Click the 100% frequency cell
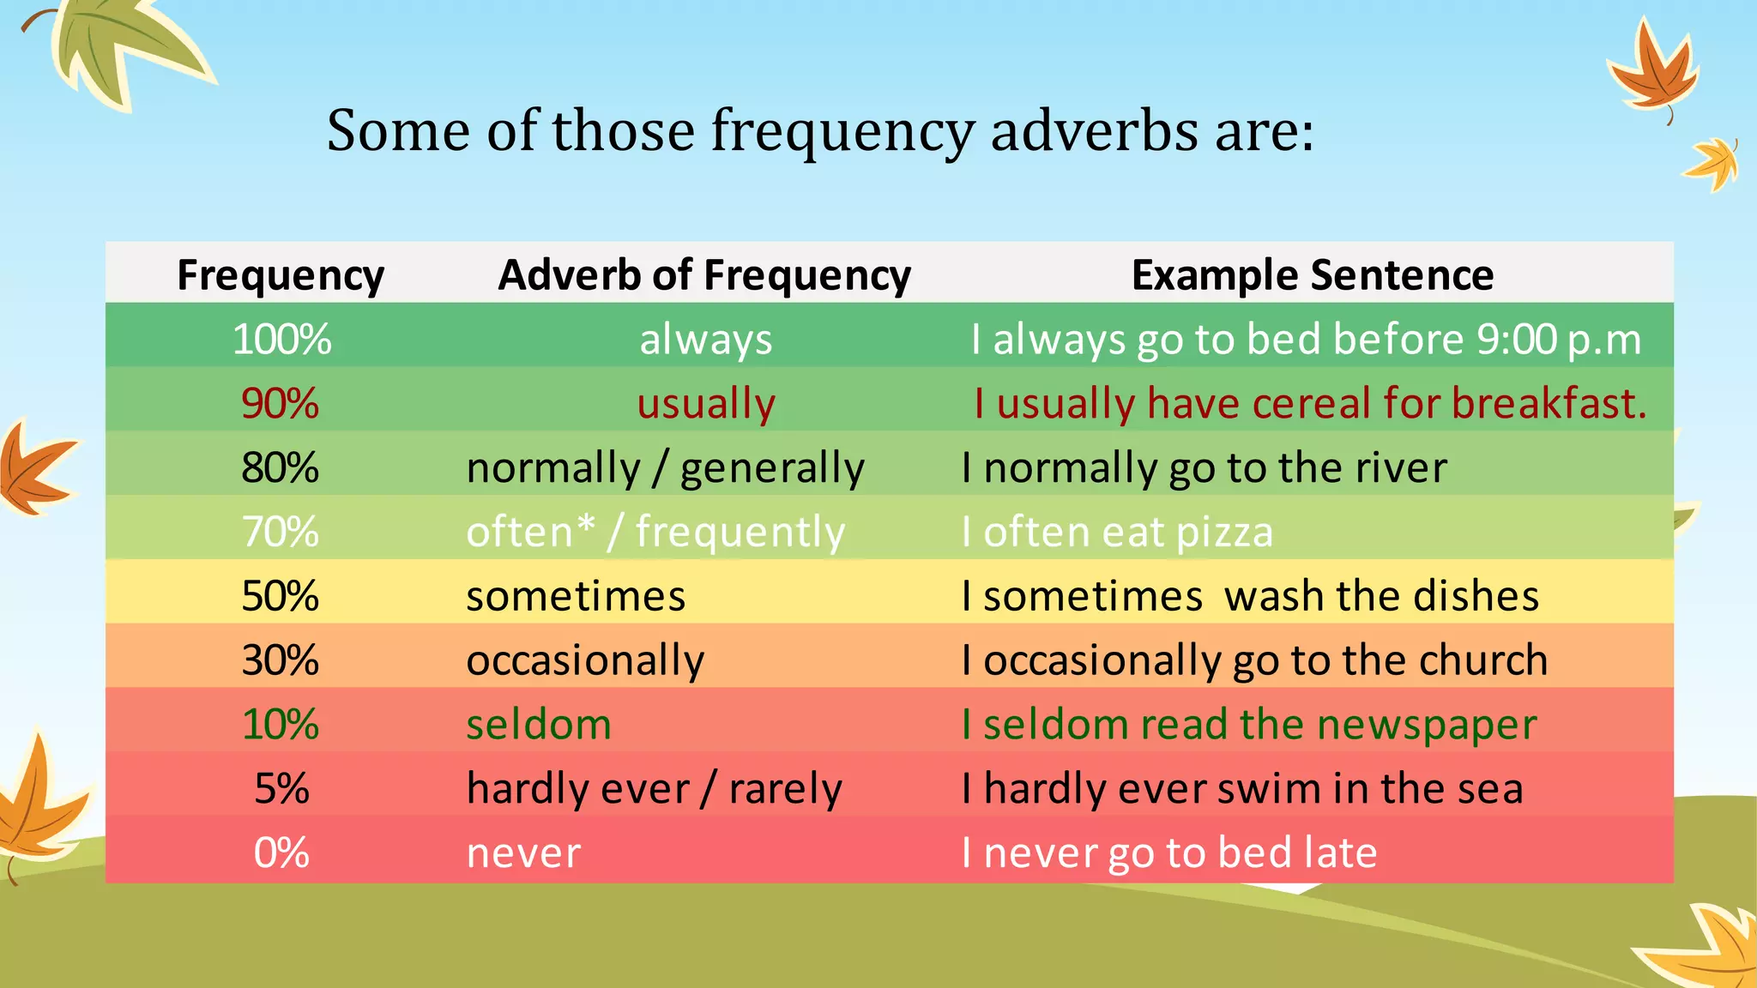point(281,339)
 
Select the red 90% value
point(280,403)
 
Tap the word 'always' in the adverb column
point(705,339)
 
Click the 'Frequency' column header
point(281,275)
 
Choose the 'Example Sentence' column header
point(1312,275)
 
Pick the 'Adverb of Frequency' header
point(704,275)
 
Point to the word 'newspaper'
point(1427,726)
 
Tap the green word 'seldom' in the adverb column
point(539,725)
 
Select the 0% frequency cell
point(281,853)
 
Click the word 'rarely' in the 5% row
point(785,789)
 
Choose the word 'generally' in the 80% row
point(772,468)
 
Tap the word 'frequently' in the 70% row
point(740,533)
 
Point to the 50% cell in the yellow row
point(280,596)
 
